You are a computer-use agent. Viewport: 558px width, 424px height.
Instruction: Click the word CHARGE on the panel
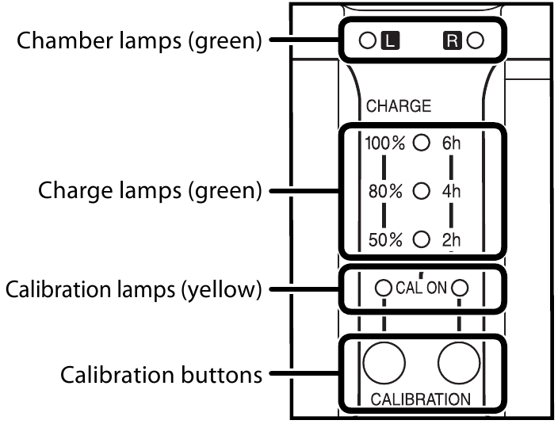(x=398, y=106)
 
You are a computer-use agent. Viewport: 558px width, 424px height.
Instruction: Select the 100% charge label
(x=385, y=143)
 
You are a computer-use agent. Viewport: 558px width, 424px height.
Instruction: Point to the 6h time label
(x=452, y=143)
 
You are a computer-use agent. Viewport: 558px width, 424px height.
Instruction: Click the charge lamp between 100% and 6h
(x=422, y=143)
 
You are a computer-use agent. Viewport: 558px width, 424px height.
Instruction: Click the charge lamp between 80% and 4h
(x=422, y=190)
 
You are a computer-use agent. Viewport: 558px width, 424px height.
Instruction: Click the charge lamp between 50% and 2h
(x=422, y=238)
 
